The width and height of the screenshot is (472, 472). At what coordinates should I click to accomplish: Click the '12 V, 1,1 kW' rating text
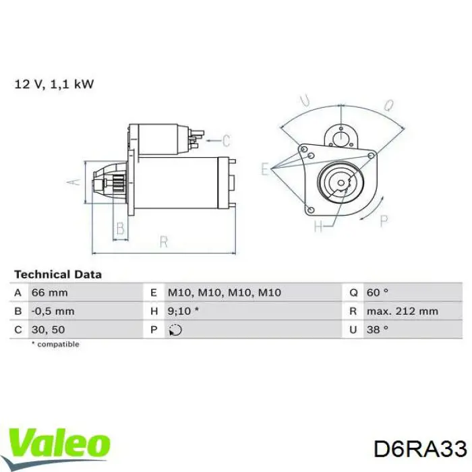(54, 84)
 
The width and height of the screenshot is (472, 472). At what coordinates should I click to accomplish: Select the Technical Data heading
(58, 274)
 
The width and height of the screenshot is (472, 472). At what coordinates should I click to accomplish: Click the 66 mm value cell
(50, 293)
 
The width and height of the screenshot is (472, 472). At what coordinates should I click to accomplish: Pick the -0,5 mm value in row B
(53, 311)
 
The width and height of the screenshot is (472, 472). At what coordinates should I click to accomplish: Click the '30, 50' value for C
(48, 330)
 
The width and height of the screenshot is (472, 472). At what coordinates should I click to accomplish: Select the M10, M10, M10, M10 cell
(225, 293)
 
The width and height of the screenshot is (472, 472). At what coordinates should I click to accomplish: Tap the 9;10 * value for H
(183, 311)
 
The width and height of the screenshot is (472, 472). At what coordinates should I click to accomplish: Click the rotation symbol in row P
(175, 330)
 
